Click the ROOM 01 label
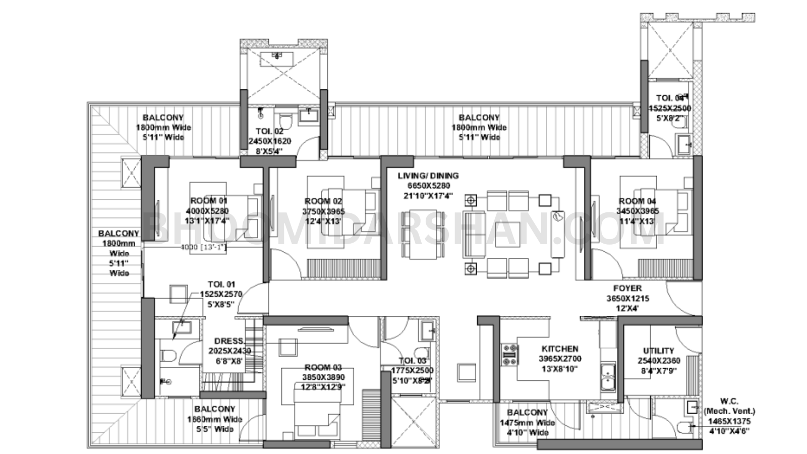tap(209, 201)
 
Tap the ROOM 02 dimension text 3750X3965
tap(323, 211)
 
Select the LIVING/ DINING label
tap(428, 176)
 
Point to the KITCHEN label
tap(560, 349)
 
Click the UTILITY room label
tap(658, 351)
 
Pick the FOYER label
tap(627, 288)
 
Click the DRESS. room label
tap(229, 341)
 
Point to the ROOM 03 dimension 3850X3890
tap(323, 377)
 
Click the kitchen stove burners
tap(508, 354)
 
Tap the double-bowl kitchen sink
tap(608, 377)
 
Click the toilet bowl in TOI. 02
tap(286, 121)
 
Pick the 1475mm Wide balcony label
tap(528, 423)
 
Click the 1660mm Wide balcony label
tap(215, 419)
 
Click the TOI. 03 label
tap(412, 361)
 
